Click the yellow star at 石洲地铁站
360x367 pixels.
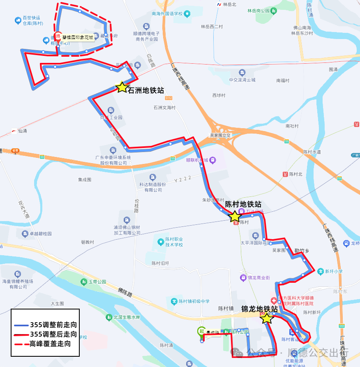pos(122,87)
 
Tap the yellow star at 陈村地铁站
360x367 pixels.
pos(235,217)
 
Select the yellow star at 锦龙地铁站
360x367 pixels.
pos(267,318)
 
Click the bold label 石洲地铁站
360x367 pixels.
pos(146,90)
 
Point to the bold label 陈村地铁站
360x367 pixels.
pos(243,204)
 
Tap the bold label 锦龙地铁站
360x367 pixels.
pos(259,309)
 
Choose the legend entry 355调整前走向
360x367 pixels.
pos(53,325)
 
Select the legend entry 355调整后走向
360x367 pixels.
pos(53,334)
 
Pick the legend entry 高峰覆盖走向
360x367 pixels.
pos(53,344)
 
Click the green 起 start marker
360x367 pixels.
pos(201,331)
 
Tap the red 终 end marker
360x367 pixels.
pos(58,37)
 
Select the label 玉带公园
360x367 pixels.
pos(97,282)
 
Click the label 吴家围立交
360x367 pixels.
pos(221,135)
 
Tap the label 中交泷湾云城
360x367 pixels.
pos(242,80)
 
